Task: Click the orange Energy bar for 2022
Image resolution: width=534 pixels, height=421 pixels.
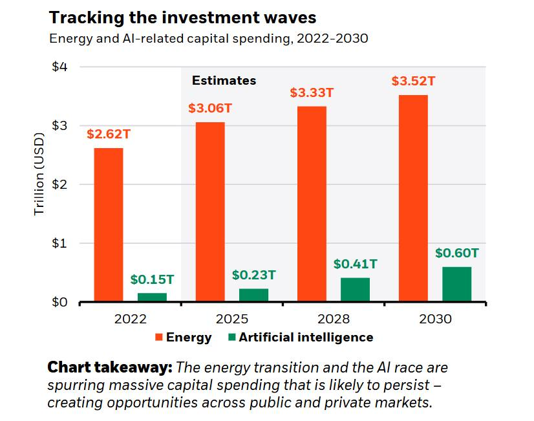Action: point(108,225)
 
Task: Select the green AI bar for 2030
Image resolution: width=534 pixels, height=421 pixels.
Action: point(456,285)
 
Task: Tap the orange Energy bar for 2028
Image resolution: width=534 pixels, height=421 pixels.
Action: point(312,204)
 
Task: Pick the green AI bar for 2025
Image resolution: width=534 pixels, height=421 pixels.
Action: point(253,295)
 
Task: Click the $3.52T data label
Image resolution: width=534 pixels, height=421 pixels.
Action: point(413,81)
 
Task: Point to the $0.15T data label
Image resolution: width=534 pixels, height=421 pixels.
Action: point(152,279)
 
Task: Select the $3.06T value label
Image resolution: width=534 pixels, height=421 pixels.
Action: point(210,108)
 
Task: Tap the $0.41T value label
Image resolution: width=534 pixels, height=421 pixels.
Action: point(355,264)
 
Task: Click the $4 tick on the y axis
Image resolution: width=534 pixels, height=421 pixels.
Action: point(60,67)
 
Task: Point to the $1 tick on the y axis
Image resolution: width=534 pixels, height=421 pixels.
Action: point(60,243)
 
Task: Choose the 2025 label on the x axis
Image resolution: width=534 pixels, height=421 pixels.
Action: point(232,319)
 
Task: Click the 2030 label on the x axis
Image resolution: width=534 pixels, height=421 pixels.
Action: point(435,319)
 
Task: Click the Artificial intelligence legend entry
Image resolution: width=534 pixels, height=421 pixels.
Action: point(300,337)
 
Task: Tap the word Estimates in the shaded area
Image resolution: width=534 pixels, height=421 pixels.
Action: point(224,81)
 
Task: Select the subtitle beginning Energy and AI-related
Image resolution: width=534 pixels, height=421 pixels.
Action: point(209,38)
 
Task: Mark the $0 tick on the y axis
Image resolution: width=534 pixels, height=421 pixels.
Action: point(60,302)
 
